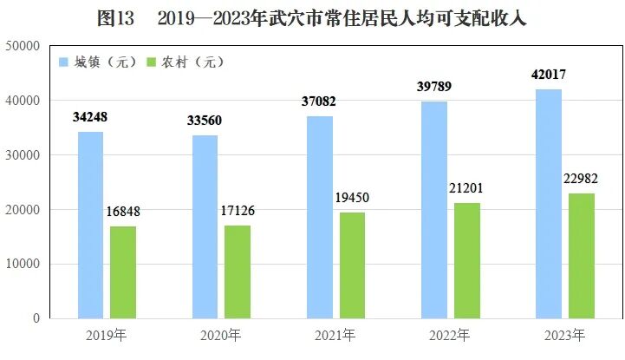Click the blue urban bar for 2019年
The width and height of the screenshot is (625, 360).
coord(90,225)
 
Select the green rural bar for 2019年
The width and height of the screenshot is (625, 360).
coord(122,272)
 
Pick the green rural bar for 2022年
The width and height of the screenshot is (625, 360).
coord(466,260)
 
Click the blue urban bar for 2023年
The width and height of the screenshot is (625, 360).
coord(549,204)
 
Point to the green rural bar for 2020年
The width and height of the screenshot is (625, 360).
coord(237,272)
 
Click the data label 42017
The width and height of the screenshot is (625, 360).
coord(551,75)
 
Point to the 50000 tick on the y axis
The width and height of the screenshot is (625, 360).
coord(23,46)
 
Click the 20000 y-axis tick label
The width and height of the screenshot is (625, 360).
coord(23,209)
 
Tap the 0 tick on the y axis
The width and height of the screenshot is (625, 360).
coord(36,318)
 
